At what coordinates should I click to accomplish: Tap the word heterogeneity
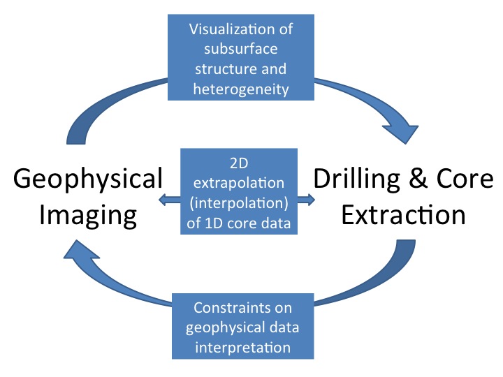click(241, 89)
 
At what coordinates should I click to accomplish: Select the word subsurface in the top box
click(241, 49)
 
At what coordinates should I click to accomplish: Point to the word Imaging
click(88, 216)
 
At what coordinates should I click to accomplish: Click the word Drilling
click(357, 179)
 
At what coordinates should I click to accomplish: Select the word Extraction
click(403, 215)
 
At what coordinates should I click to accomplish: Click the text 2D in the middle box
click(239, 163)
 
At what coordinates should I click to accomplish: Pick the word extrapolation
click(239, 184)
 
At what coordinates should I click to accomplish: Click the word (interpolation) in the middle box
click(239, 203)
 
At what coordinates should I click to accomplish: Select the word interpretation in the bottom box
click(243, 348)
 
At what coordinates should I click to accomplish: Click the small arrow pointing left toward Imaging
click(170, 200)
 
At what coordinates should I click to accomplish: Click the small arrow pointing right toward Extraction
click(306, 200)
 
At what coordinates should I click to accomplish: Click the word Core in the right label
click(465, 179)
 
